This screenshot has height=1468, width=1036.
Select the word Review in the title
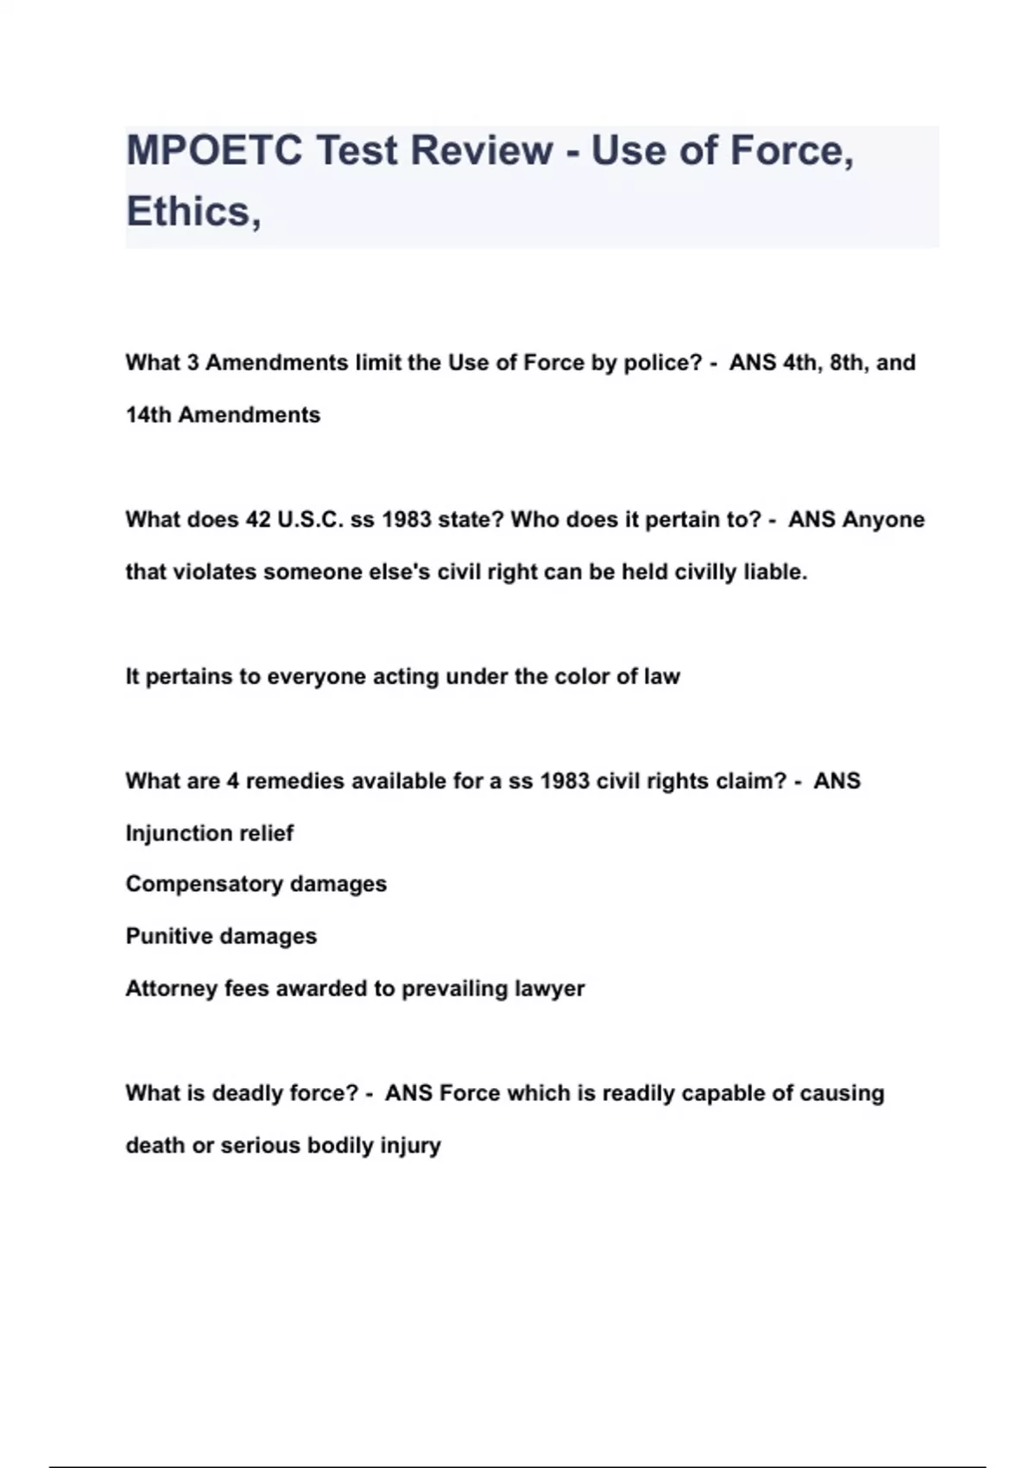481,150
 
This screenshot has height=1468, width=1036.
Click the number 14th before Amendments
148,415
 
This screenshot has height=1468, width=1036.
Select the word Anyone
883,520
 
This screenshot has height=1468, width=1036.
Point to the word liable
774,573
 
